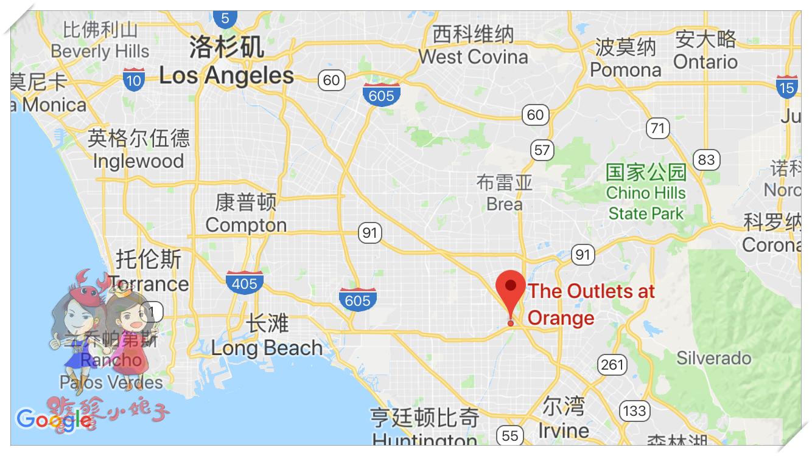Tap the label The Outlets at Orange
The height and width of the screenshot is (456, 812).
coord(590,304)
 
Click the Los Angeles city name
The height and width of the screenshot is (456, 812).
coord(226,75)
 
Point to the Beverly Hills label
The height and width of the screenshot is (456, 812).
coord(100,51)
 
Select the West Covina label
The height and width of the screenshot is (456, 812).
coord(473,57)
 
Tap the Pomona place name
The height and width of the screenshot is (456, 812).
coord(625,70)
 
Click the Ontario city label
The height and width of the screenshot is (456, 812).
coord(705,61)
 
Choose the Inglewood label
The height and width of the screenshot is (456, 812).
coord(138,161)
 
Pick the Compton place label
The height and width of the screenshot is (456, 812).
coord(246,224)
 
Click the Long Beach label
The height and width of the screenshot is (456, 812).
coord(267,348)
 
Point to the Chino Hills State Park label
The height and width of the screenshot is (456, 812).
coord(646,202)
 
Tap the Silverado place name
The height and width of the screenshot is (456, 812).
coord(713,358)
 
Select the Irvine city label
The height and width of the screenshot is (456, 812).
coord(563,430)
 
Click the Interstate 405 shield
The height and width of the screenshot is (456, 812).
coord(245,282)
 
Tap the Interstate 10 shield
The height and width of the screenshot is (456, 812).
coord(133,80)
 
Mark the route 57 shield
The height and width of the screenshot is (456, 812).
coord(541,150)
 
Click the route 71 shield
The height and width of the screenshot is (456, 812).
coord(657,128)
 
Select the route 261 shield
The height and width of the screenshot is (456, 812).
coord(612,364)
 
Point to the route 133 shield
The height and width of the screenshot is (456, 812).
coord(634,410)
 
